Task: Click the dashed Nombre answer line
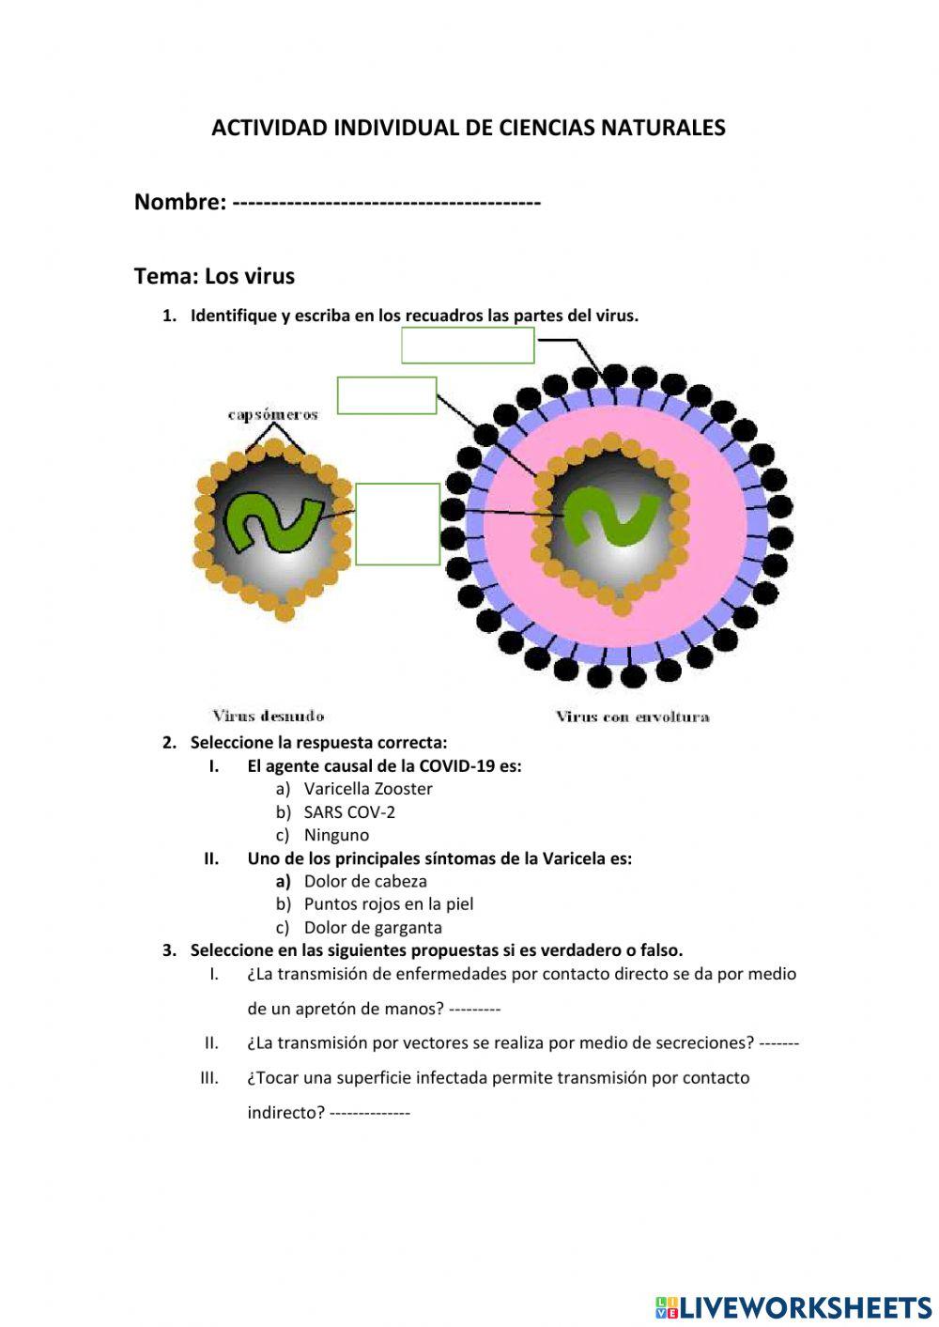[x=385, y=202]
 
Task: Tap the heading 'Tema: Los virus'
[x=214, y=276]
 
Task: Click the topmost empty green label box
[x=468, y=345]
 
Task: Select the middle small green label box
[x=387, y=395]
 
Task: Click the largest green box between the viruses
[x=397, y=524]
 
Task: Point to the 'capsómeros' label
[x=272, y=415]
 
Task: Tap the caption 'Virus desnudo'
[x=269, y=716]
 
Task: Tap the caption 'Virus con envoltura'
[x=632, y=717]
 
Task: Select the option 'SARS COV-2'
[x=349, y=812]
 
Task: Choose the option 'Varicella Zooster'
[x=368, y=789]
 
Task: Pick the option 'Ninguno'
[x=336, y=835]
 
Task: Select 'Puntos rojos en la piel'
[x=389, y=904]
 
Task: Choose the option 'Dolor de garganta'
[x=373, y=928]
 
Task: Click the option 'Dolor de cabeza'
[x=365, y=882]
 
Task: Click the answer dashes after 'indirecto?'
[x=370, y=1113]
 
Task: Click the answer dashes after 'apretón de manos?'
[x=474, y=1010]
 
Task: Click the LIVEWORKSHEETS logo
[x=793, y=1306]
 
